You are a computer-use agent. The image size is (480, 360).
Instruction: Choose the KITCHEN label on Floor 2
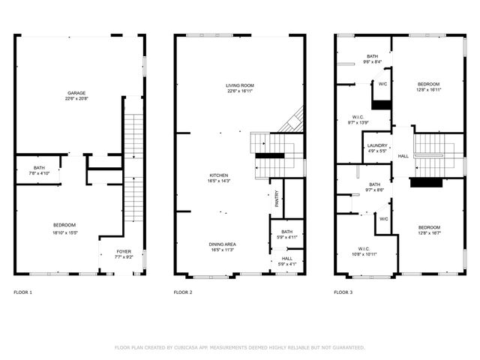219,178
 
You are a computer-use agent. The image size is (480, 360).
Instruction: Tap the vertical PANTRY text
277,198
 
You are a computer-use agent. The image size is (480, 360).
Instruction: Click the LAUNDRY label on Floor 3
376,148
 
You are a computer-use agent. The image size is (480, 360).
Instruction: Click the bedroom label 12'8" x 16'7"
429,230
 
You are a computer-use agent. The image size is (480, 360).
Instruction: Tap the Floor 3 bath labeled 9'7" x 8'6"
374,187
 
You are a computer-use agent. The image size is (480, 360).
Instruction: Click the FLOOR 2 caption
183,292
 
